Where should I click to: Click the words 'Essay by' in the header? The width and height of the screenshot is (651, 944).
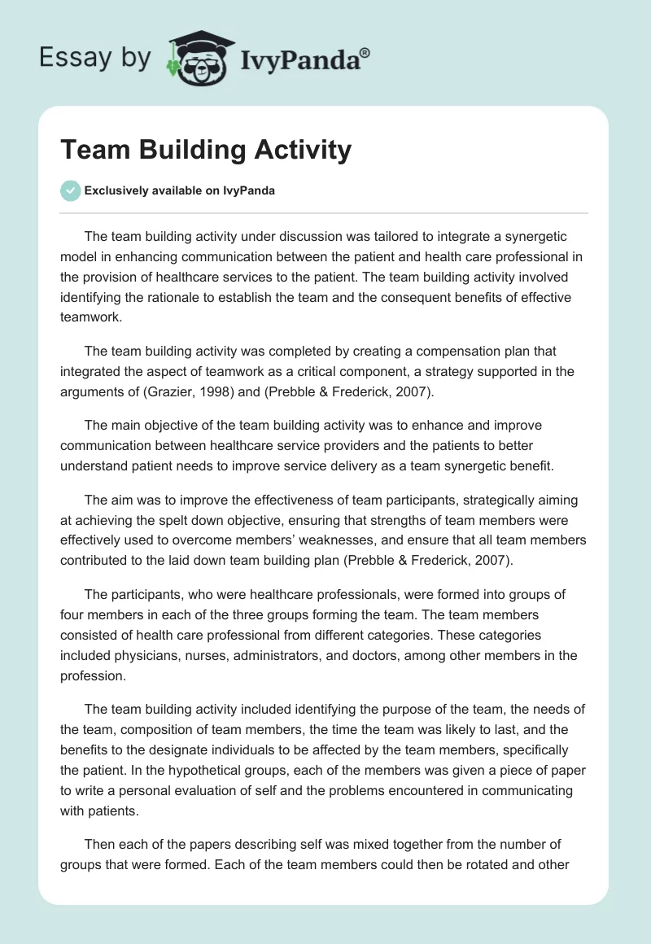click(96, 58)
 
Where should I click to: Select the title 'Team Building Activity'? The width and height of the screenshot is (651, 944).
click(206, 150)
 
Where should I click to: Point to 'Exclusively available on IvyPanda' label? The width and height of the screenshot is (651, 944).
click(179, 190)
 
